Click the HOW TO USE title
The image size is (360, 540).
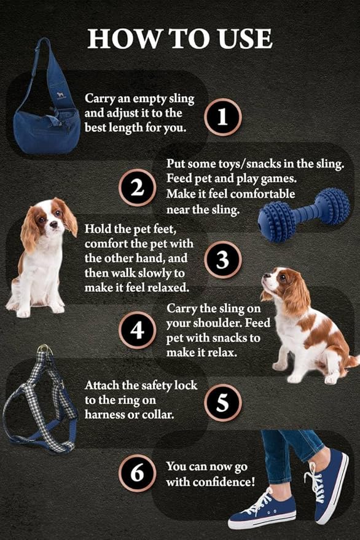pos(179,39)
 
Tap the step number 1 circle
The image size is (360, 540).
pos(223,116)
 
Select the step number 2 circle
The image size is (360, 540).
pos(138,187)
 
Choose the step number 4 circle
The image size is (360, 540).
pos(138,332)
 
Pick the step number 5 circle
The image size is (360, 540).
pos(223,402)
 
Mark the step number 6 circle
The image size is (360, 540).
pos(138,473)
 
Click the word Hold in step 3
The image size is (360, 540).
pos(98,229)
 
